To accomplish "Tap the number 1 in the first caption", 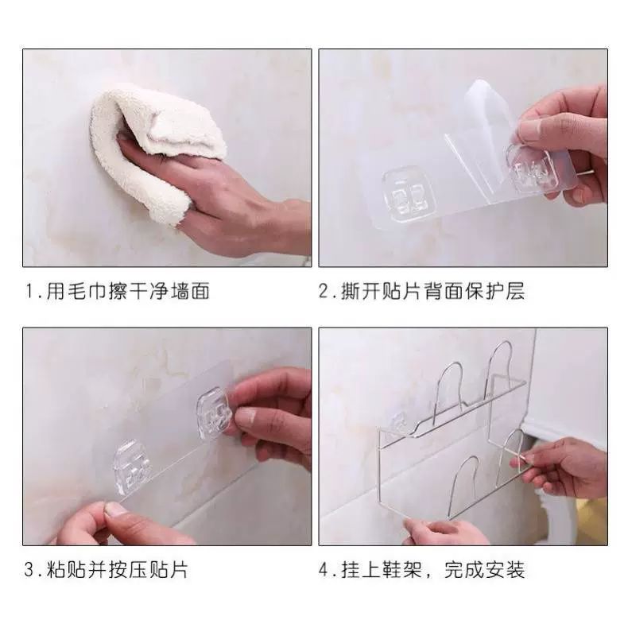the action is [x=29, y=291].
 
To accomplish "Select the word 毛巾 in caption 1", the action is [x=77, y=291].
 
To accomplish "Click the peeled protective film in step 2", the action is [x=477, y=128].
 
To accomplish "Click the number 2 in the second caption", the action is [x=324, y=291].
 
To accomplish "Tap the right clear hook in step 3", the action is [x=215, y=415].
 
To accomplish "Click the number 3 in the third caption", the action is [x=29, y=570].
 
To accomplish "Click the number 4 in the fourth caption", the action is [x=324, y=570].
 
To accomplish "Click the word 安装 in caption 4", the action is [x=505, y=570].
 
